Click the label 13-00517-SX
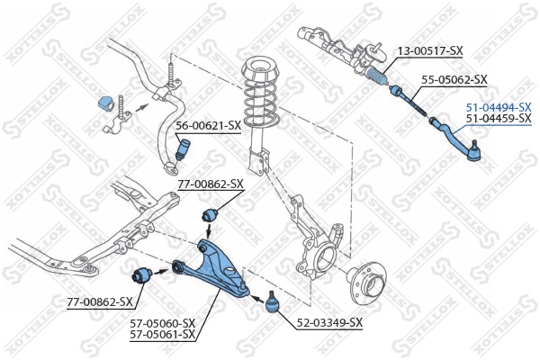pos(429,51)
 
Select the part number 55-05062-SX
pos(454,79)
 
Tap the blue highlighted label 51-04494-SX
pos(498,106)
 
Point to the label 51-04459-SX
pos(498,118)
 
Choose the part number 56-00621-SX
pos(208,125)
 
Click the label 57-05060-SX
pos(163,322)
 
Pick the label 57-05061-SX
pos(163,334)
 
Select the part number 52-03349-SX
pos(330,322)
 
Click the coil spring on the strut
pos(260,104)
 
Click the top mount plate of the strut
pos(261,68)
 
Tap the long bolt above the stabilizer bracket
pos(169,71)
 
